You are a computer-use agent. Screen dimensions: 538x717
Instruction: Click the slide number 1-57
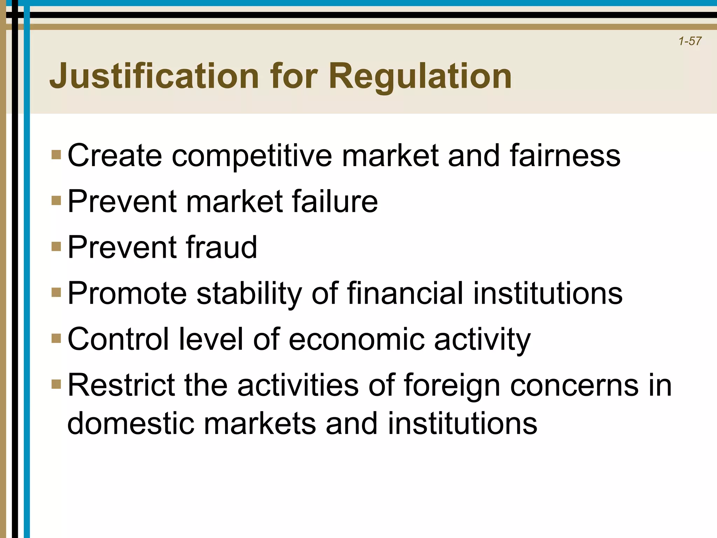point(690,41)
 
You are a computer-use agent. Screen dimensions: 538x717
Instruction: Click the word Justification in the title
point(154,76)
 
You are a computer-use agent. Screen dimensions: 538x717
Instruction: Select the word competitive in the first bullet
point(252,156)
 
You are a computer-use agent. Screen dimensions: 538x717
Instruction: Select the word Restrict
point(121,385)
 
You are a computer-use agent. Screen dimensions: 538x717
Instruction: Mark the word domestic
point(131,423)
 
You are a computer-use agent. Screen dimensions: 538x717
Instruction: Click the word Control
point(118,339)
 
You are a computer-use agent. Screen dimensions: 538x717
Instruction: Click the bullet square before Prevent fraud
point(56,247)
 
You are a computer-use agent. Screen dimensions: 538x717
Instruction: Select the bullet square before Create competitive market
point(56,154)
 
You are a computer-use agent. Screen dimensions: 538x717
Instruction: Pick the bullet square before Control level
point(56,338)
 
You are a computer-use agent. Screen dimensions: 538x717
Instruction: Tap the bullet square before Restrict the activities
point(56,384)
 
